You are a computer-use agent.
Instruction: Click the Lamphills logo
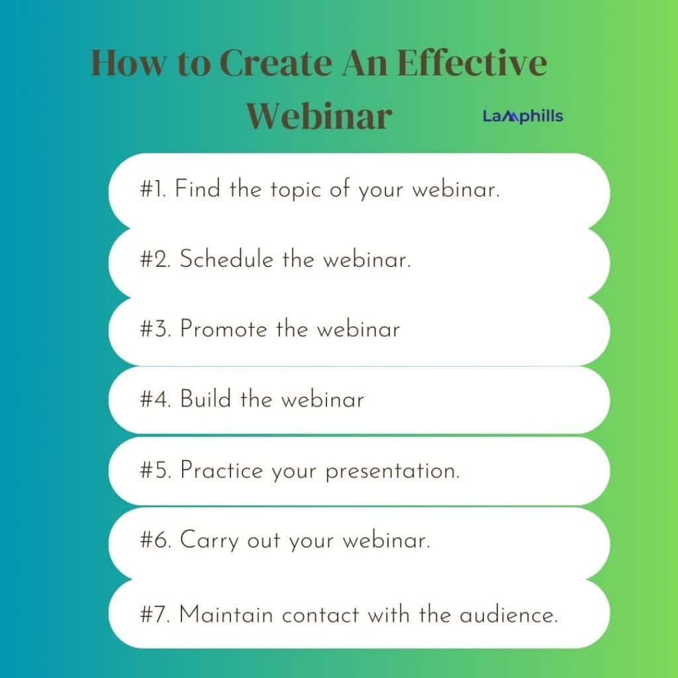[523, 116]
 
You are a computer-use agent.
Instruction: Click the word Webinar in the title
[319, 116]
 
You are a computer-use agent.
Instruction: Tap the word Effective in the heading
[471, 63]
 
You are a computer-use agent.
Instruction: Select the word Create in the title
[276, 63]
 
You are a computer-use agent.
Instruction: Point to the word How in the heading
[128, 63]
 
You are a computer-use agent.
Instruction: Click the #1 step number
[154, 189]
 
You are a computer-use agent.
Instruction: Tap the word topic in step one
[296, 190]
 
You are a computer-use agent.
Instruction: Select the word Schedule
[226, 259]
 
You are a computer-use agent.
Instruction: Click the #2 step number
[156, 259]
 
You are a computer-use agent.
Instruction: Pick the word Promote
[224, 329]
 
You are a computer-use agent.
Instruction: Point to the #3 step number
[156, 329]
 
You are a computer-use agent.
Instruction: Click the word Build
[205, 399]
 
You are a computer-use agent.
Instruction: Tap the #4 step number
[156, 399]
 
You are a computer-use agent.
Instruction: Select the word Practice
[222, 470]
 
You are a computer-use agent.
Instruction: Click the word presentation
[393, 471]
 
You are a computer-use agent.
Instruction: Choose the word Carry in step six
[209, 541]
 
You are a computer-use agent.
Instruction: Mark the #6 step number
[156, 540]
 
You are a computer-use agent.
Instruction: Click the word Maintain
[226, 614]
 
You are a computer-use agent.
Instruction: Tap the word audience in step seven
[508, 614]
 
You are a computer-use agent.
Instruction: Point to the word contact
[320, 615]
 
